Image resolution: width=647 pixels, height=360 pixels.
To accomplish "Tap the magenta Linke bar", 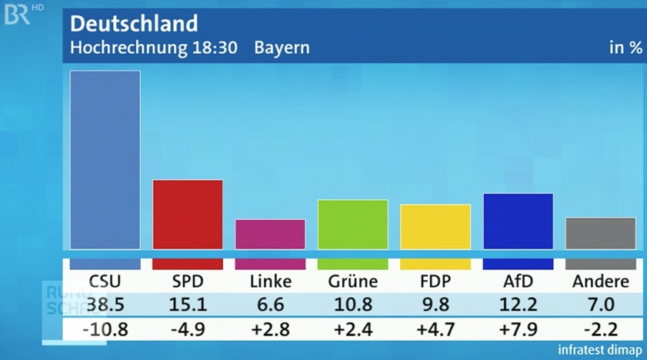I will tap(270, 234).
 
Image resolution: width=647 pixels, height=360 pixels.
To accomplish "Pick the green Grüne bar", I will tap(352, 224).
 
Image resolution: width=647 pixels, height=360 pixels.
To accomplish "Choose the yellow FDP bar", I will tap(435, 226).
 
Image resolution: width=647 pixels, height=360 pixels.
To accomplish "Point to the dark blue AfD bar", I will tap(518, 221).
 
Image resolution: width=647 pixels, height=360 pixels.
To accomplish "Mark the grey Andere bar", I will tap(601, 233).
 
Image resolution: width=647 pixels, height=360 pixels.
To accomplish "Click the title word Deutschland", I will tap(134, 23).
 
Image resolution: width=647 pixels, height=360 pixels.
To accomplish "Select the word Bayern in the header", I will tap(282, 48).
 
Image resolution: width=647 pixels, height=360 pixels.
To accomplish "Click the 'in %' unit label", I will tap(625, 48).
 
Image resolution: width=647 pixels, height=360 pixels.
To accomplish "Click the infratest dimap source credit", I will tap(600, 350).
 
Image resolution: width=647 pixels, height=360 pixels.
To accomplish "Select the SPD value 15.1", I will tap(188, 304).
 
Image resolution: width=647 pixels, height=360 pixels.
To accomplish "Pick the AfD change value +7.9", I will tap(518, 331).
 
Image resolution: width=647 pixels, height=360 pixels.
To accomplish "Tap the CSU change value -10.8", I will tap(105, 331).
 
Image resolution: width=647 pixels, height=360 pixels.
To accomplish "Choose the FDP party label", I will tap(435, 282).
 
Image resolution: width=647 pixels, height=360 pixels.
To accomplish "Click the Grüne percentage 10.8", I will tap(352, 304).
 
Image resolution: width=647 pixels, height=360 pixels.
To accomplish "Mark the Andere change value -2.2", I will tap(601, 331).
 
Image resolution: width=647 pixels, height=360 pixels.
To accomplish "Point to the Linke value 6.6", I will tap(270, 304).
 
